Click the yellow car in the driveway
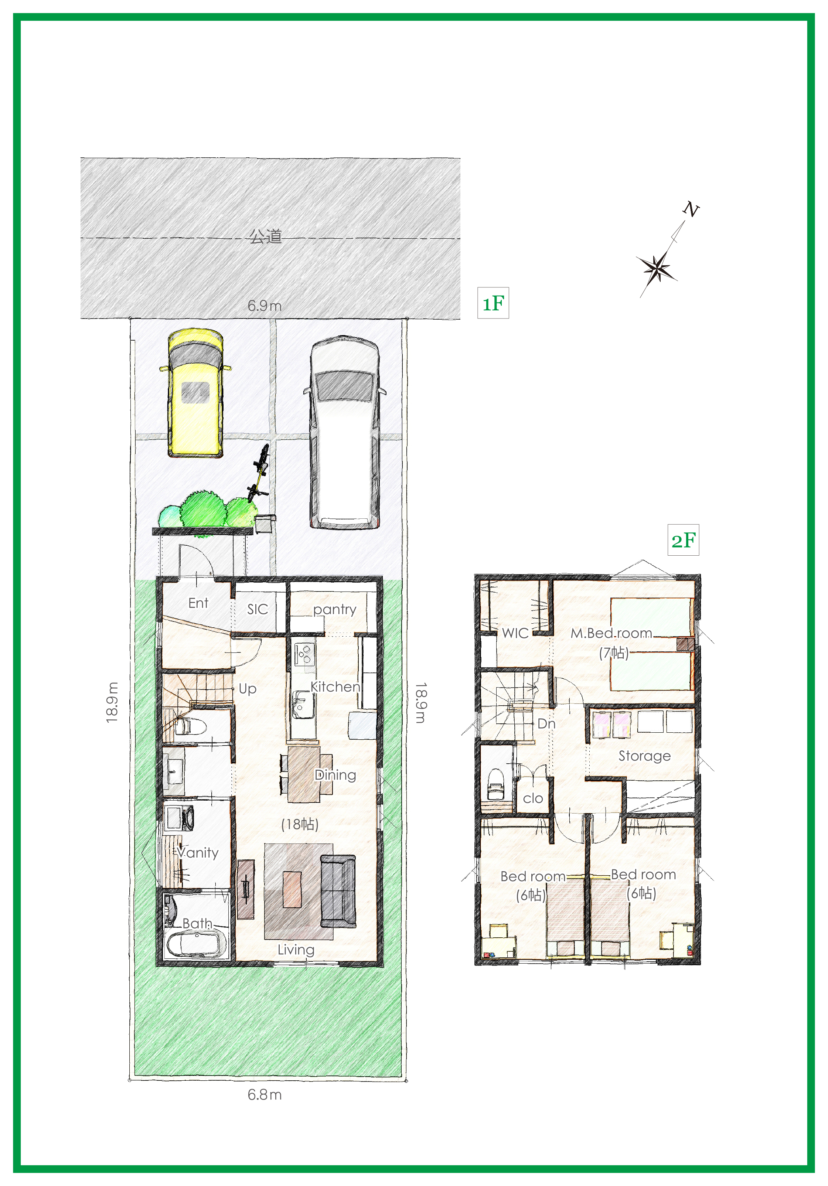[x=195, y=393]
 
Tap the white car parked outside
[x=344, y=432]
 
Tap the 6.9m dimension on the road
[x=265, y=306]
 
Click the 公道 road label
[x=266, y=236]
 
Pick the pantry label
[x=335, y=610]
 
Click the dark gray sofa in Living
[x=338, y=891]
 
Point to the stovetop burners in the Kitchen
[x=304, y=654]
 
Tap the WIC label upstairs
[x=515, y=633]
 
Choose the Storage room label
[x=645, y=756]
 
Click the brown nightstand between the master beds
[x=685, y=644]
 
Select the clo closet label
[x=532, y=798]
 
